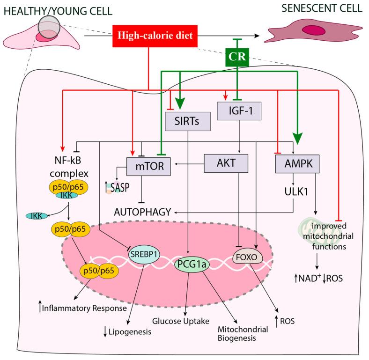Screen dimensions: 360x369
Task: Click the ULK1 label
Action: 295,191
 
